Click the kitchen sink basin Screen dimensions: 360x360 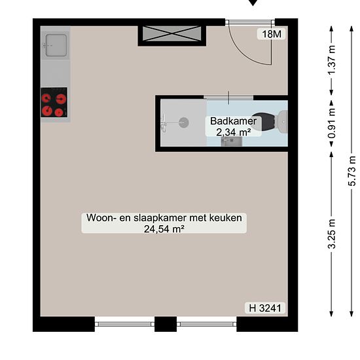tap(56, 45)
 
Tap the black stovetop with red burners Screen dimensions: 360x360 tap(54, 102)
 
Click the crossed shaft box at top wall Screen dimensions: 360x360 tap(171, 34)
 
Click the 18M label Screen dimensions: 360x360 tap(272, 34)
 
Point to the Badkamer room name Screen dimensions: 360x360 tap(233, 121)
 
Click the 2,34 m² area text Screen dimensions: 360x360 tap(233, 132)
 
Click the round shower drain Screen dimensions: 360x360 tap(184, 122)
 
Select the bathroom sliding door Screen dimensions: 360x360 tap(228, 98)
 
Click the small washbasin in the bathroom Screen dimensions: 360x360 tap(232, 141)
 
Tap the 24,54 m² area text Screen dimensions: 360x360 tap(164, 229)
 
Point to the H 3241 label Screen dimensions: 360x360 tap(265, 308)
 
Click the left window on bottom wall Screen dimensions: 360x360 tap(124, 324)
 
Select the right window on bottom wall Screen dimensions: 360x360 tap(207, 324)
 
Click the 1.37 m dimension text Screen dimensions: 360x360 tap(332, 60)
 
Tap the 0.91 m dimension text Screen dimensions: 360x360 tap(332, 123)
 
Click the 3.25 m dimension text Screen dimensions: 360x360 tap(332, 234)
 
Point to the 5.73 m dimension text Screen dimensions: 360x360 tap(352, 171)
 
